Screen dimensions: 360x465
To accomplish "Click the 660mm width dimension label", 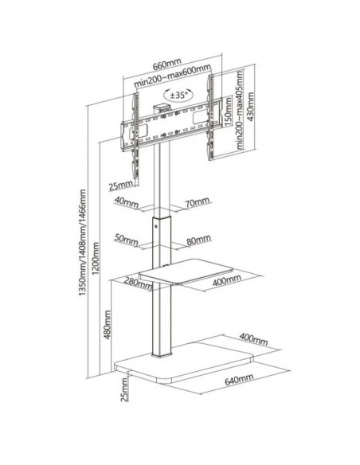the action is pos(166,64).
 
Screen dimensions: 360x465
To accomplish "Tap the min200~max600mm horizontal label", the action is pos(172,76).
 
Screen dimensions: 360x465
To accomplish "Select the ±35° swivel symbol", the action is pos(178,95).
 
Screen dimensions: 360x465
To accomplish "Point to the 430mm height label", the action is pos(251,107).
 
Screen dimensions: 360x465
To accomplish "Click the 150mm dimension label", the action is pos(228,111).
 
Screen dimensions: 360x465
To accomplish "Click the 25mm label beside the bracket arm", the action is pos(121,186).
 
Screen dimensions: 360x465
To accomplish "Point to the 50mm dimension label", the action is pos(126,240).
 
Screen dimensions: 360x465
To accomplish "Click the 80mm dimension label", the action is pos(198,240).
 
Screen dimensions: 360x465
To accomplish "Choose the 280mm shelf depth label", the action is pos(139,283).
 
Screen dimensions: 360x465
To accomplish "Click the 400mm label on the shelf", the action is pos(226,280).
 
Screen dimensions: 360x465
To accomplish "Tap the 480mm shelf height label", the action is pos(107,324).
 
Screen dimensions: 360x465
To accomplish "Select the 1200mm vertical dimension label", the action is pos(96,258).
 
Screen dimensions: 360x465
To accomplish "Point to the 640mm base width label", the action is pos(239,379).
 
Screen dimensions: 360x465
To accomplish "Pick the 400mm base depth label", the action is pos(253,339).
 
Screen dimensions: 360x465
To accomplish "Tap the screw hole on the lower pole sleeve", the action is pos(157,225).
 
